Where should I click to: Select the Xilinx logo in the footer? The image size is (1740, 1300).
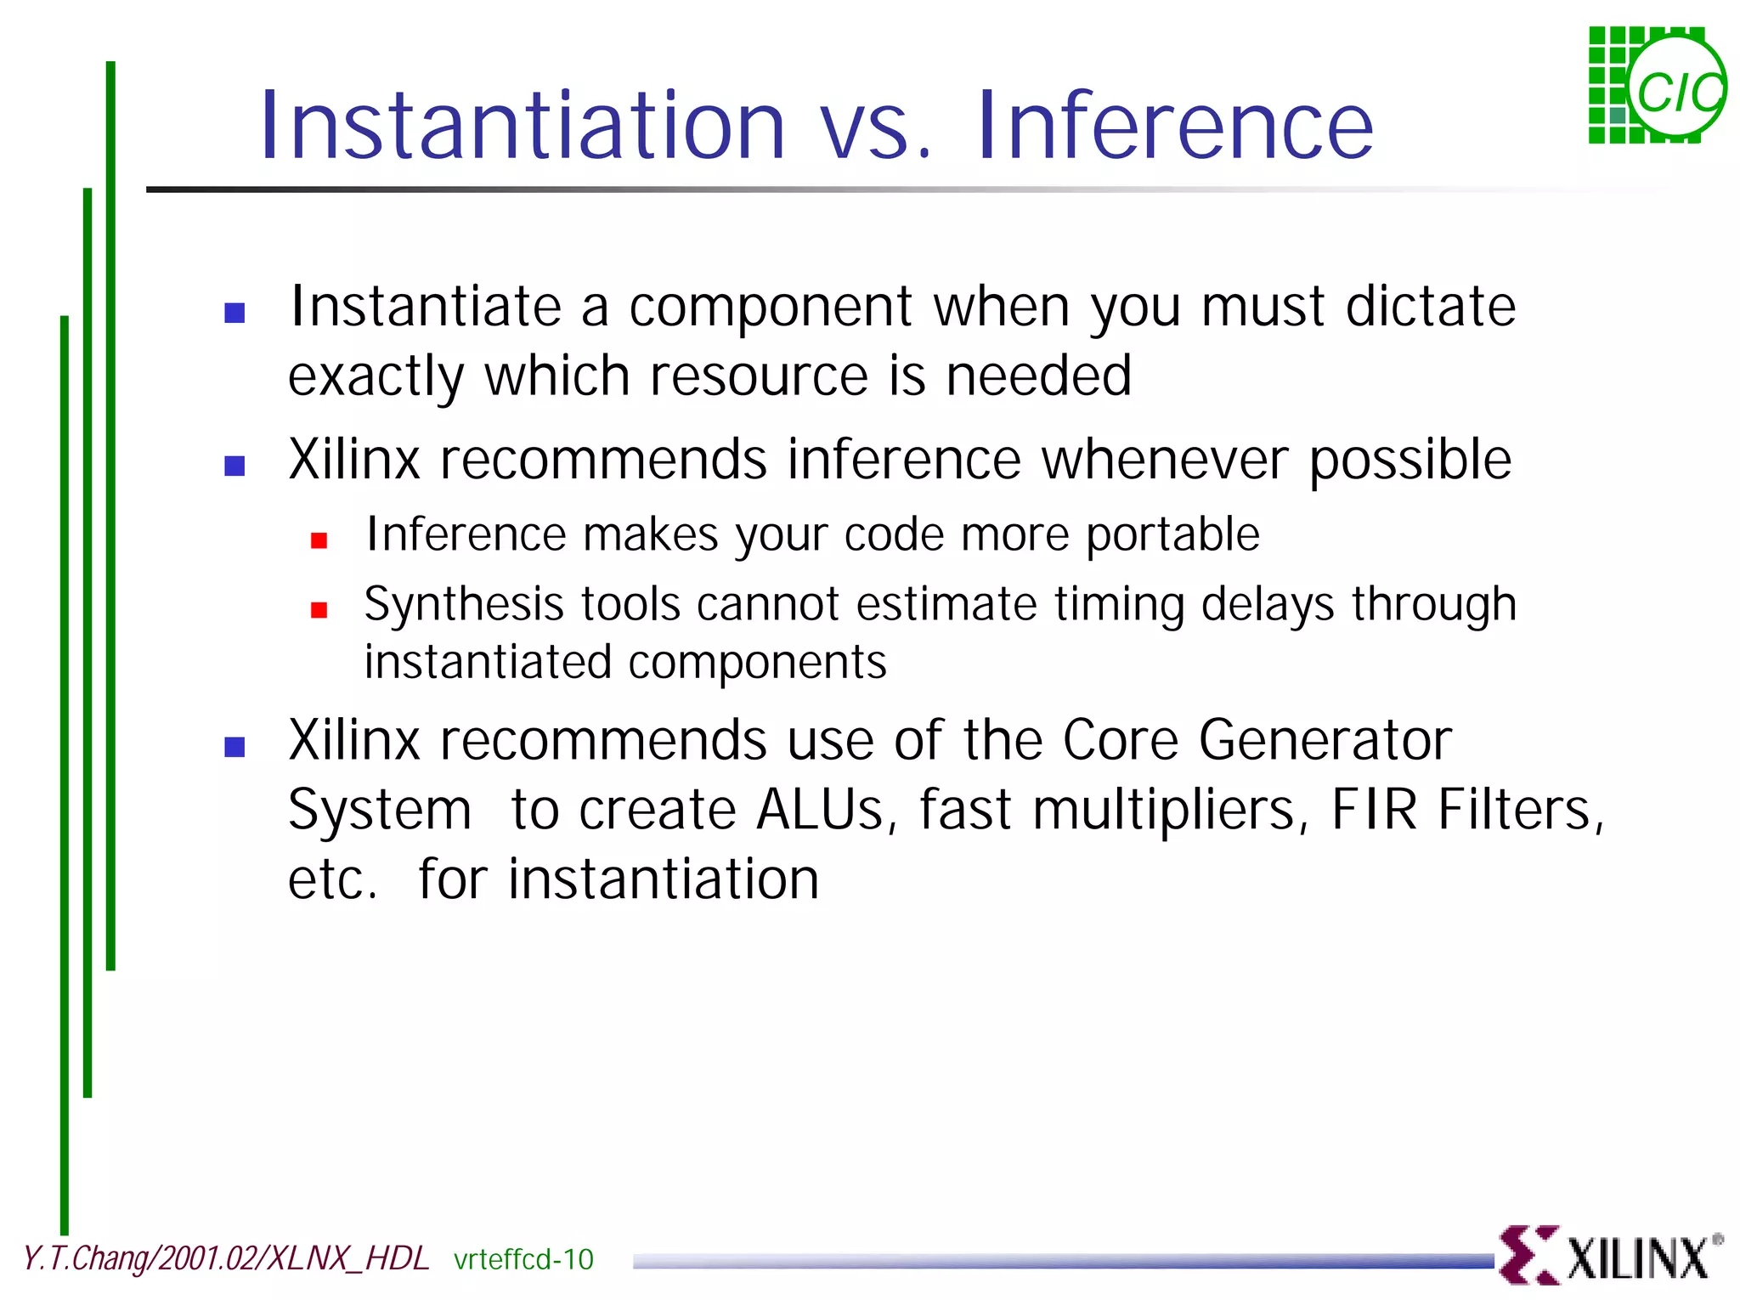(x=1608, y=1256)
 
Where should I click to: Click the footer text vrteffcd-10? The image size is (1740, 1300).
(x=523, y=1259)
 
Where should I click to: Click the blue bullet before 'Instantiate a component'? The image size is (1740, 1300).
(x=234, y=313)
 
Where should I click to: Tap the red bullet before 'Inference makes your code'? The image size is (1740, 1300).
(x=319, y=540)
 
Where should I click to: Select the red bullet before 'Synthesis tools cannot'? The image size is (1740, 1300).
(x=319, y=610)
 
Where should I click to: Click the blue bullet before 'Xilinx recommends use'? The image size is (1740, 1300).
(x=234, y=747)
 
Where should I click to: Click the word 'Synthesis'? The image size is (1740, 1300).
(x=464, y=605)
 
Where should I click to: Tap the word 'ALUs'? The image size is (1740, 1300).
(x=821, y=810)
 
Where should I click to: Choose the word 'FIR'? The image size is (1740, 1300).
(x=1374, y=810)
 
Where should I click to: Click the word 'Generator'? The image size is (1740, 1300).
(x=1325, y=740)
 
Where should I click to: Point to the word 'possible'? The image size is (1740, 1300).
(x=1410, y=461)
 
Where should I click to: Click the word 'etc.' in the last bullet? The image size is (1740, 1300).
(x=332, y=879)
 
